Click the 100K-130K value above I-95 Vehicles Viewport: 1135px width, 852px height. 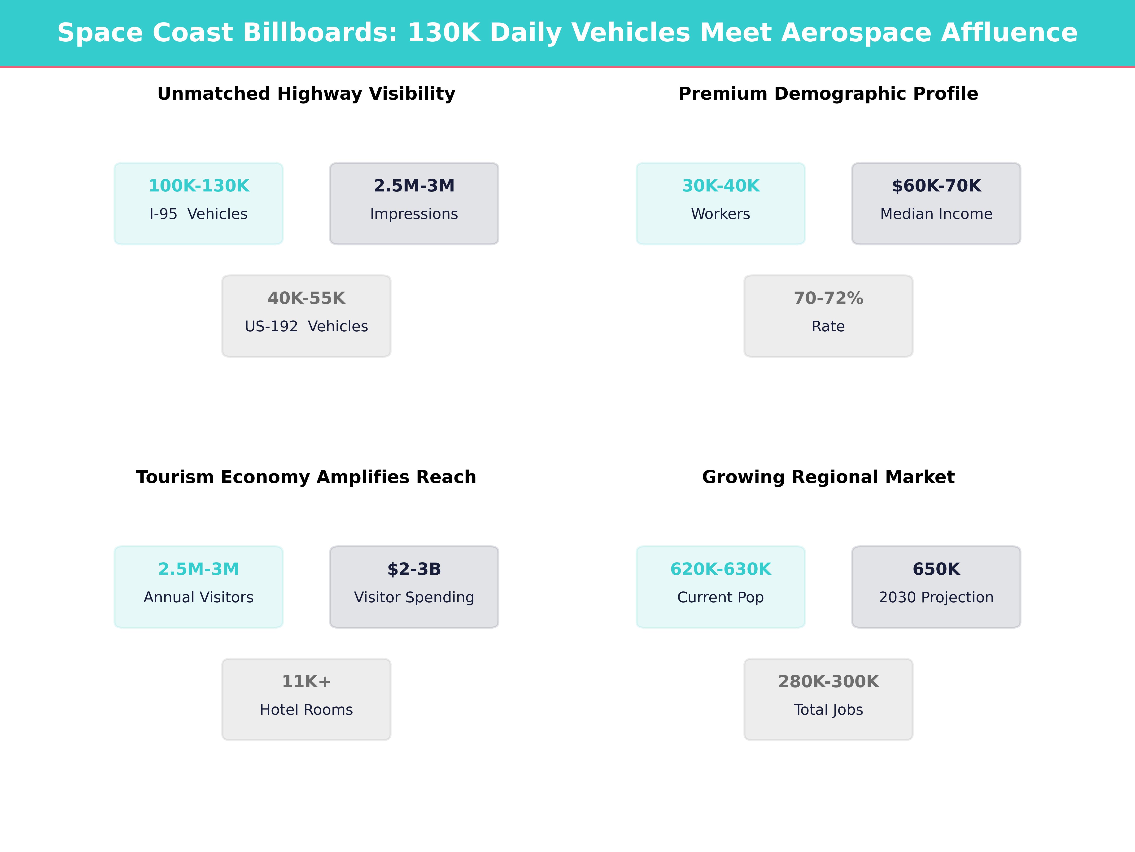(x=199, y=186)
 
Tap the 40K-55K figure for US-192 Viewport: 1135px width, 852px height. (x=306, y=298)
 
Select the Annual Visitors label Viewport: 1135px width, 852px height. (x=199, y=597)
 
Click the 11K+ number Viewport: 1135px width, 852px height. (x=306, y=682)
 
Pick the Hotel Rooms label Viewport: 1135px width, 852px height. (x=306, y=710)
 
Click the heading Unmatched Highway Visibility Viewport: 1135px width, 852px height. (x=306, y=94)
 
